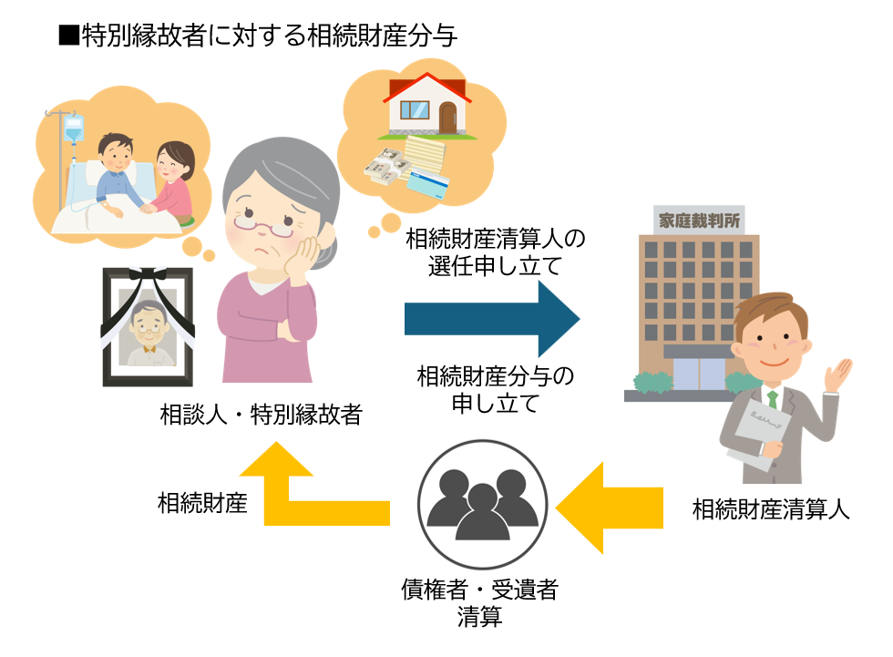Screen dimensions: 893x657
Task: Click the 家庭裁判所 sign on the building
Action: tap(699, 220)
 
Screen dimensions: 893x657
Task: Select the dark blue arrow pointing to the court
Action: tap(492, 319)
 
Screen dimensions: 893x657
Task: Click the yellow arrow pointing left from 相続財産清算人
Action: tap(609, 508)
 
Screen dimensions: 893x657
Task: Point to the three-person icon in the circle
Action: tap(482, 505)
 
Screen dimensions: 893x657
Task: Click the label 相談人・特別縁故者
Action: tap(262, 415)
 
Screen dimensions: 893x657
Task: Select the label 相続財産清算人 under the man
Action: tap(771, 509)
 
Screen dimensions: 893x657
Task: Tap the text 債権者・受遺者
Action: tap(479, 590)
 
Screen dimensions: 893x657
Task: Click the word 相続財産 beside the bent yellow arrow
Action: tap(202, 503)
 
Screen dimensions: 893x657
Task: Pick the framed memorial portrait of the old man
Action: tap(148, 327)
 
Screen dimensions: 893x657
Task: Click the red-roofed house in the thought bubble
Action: tap(427, 106)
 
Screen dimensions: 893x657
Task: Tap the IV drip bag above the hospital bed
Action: tap(74, 128)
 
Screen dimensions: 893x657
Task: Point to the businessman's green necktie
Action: tap(772, 399)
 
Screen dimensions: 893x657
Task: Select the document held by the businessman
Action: tap(762, 432)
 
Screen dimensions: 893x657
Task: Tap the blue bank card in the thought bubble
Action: tap(428, 184)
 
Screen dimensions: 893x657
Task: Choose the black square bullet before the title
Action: tap(68, 36)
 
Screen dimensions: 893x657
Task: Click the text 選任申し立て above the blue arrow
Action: tap(495, 266)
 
